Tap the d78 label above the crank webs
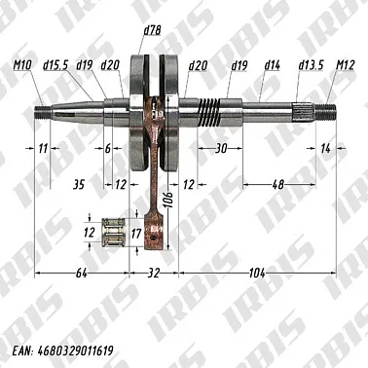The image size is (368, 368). [151, 31]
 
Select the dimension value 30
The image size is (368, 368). [221, 148]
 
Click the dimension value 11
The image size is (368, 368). [42, 148]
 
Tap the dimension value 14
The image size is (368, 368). [325, 148]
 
